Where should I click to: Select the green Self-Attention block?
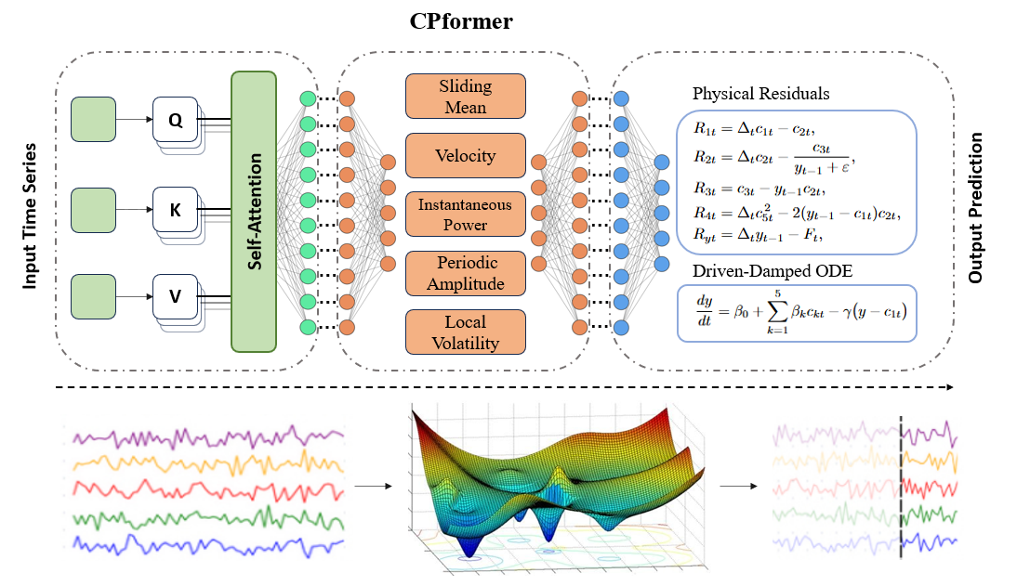click(x=254, y=212)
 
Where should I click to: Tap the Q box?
click(x=175, y=120)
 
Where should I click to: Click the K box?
click(x=175, y=211)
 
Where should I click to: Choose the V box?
click(x=175, y=297)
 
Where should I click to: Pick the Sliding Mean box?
click(x=465, y=97)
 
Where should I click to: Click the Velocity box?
click(x=465, y=155)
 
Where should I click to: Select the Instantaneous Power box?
click(x=465, y=214)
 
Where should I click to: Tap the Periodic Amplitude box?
click(x=465, y=272)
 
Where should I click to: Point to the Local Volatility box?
click(x=465, y=332)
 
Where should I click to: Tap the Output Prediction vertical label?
click(x=975, y=208)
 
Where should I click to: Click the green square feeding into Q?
click(x=93, y=120)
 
